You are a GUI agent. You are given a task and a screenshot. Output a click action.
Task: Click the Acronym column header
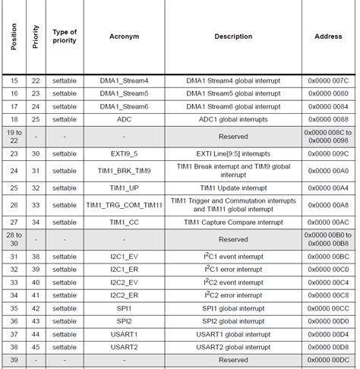[124, 36]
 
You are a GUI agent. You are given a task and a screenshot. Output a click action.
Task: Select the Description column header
[233, 36]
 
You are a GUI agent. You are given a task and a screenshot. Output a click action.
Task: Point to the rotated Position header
[14, 36]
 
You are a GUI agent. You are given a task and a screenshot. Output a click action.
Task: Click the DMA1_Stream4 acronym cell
[124, 80]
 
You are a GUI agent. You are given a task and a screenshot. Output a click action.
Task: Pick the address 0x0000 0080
[329, 93]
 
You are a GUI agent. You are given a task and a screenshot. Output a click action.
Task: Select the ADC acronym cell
[124, 119]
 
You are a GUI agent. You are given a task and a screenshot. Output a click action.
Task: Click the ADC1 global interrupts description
[233, 119]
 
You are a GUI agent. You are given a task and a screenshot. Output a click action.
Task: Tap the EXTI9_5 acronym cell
[124, 153]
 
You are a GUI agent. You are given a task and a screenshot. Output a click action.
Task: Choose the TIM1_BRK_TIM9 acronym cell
[124, 170]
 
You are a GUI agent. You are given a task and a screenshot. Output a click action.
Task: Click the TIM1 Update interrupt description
[233, 188]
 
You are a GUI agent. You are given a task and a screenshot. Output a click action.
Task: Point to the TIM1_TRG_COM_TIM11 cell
[124, 205]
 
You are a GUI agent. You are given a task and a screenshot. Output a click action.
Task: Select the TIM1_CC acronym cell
[124, 222]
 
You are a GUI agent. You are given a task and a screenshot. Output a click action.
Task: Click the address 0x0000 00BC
[329, 257]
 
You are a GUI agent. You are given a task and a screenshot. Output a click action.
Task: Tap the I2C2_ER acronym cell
[124, 295]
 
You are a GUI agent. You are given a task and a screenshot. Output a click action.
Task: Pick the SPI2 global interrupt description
[233, 321]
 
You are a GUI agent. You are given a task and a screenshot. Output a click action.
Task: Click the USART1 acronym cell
[124, 334]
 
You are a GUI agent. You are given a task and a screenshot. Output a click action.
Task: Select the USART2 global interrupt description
[233, 347]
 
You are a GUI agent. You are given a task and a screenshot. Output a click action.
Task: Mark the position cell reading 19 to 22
[14, 136]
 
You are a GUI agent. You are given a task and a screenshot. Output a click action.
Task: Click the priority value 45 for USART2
[36, 347]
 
